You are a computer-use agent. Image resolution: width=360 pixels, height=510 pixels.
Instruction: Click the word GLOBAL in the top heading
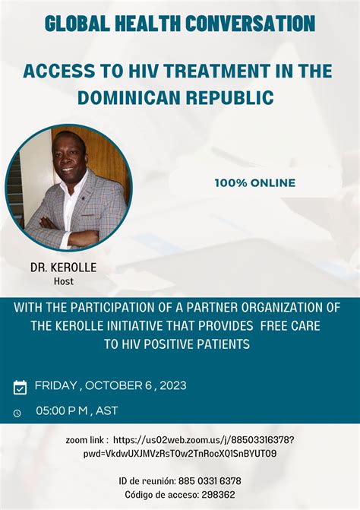click(x=73, y=24)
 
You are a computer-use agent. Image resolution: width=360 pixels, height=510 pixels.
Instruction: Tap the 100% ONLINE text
click(x=254, y=182)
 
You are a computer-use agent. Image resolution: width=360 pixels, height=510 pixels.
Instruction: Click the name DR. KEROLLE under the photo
click(x=63, y=268)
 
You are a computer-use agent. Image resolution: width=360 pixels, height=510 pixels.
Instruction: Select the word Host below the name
click(x=63, y=280)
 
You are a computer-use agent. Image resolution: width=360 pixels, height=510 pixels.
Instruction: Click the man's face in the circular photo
click(x=70, y=157)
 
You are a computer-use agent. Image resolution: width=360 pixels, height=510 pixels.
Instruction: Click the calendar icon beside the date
click(x=21, y=388)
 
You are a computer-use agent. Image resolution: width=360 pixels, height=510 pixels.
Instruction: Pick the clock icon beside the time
click(x=17, y=413)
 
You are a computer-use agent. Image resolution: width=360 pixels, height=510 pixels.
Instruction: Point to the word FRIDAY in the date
click(x=55, y=385)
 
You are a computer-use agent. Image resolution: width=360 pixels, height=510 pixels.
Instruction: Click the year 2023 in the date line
click(x=172, y=385)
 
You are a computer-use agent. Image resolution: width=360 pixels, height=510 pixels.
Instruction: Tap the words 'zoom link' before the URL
click(x=87, y=440)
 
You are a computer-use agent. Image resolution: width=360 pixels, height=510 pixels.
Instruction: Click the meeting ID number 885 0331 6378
click(x=204, y=480)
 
